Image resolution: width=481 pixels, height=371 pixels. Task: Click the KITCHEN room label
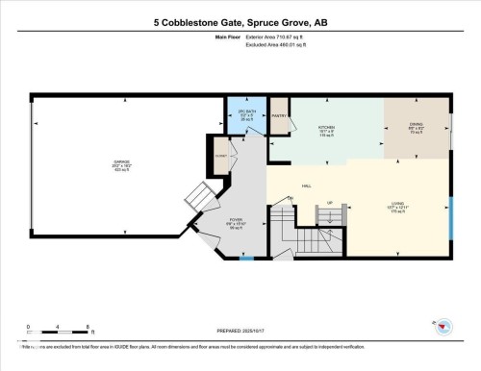(x=325, y=129)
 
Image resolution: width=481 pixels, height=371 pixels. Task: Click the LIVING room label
(x=370, y=203)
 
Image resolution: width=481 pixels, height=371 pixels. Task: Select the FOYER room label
(x=236, y=220)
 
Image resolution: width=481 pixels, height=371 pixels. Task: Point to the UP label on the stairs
(x=330, y=202)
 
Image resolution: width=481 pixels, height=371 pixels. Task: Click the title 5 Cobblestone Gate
(x=240, y=21)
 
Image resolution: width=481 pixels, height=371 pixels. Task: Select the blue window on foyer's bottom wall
(x=247, y=257)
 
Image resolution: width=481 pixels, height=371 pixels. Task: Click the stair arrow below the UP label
(x=330, y=213)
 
